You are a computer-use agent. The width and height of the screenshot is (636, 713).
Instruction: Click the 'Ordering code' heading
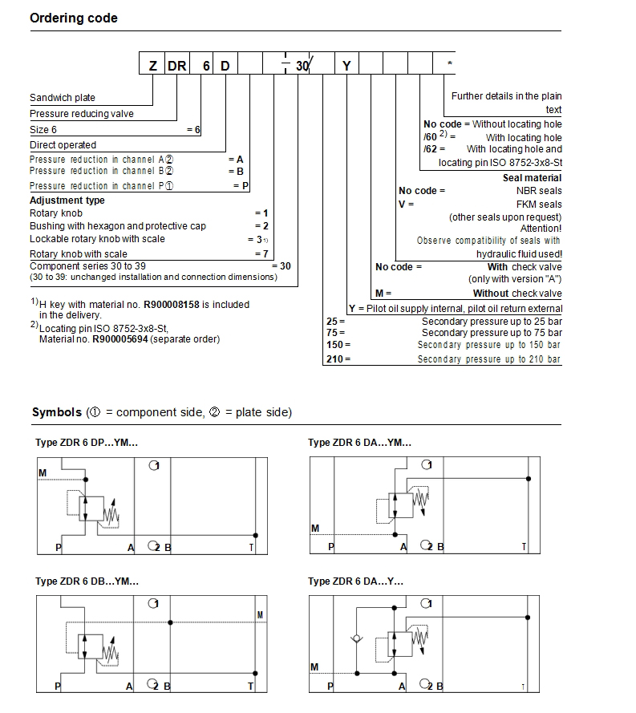click(73, 18)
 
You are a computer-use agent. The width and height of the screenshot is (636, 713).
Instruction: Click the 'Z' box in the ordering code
click(153, 66)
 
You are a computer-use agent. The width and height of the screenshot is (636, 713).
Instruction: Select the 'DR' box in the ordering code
click(177, 66)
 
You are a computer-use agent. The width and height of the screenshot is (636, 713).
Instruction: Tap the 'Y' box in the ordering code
click(346, 66)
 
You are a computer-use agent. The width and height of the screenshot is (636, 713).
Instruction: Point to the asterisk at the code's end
click(450, 64)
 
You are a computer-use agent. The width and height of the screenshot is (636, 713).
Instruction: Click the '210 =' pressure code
click(338, 359)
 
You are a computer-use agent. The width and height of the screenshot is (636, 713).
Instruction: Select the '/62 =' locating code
click(434, 149)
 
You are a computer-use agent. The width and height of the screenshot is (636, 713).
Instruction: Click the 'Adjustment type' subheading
click(67, 201)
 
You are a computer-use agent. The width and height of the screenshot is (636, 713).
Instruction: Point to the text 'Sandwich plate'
click(63, 98)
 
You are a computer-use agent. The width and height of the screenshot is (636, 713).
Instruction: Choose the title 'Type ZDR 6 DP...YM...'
click(87, 443)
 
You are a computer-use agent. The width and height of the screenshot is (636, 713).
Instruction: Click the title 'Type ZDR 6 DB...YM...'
click(87, 581)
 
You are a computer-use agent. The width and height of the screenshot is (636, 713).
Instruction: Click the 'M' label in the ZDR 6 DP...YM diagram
click(43, 473)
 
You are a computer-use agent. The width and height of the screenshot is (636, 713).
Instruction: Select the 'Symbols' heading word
click(56, 412)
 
